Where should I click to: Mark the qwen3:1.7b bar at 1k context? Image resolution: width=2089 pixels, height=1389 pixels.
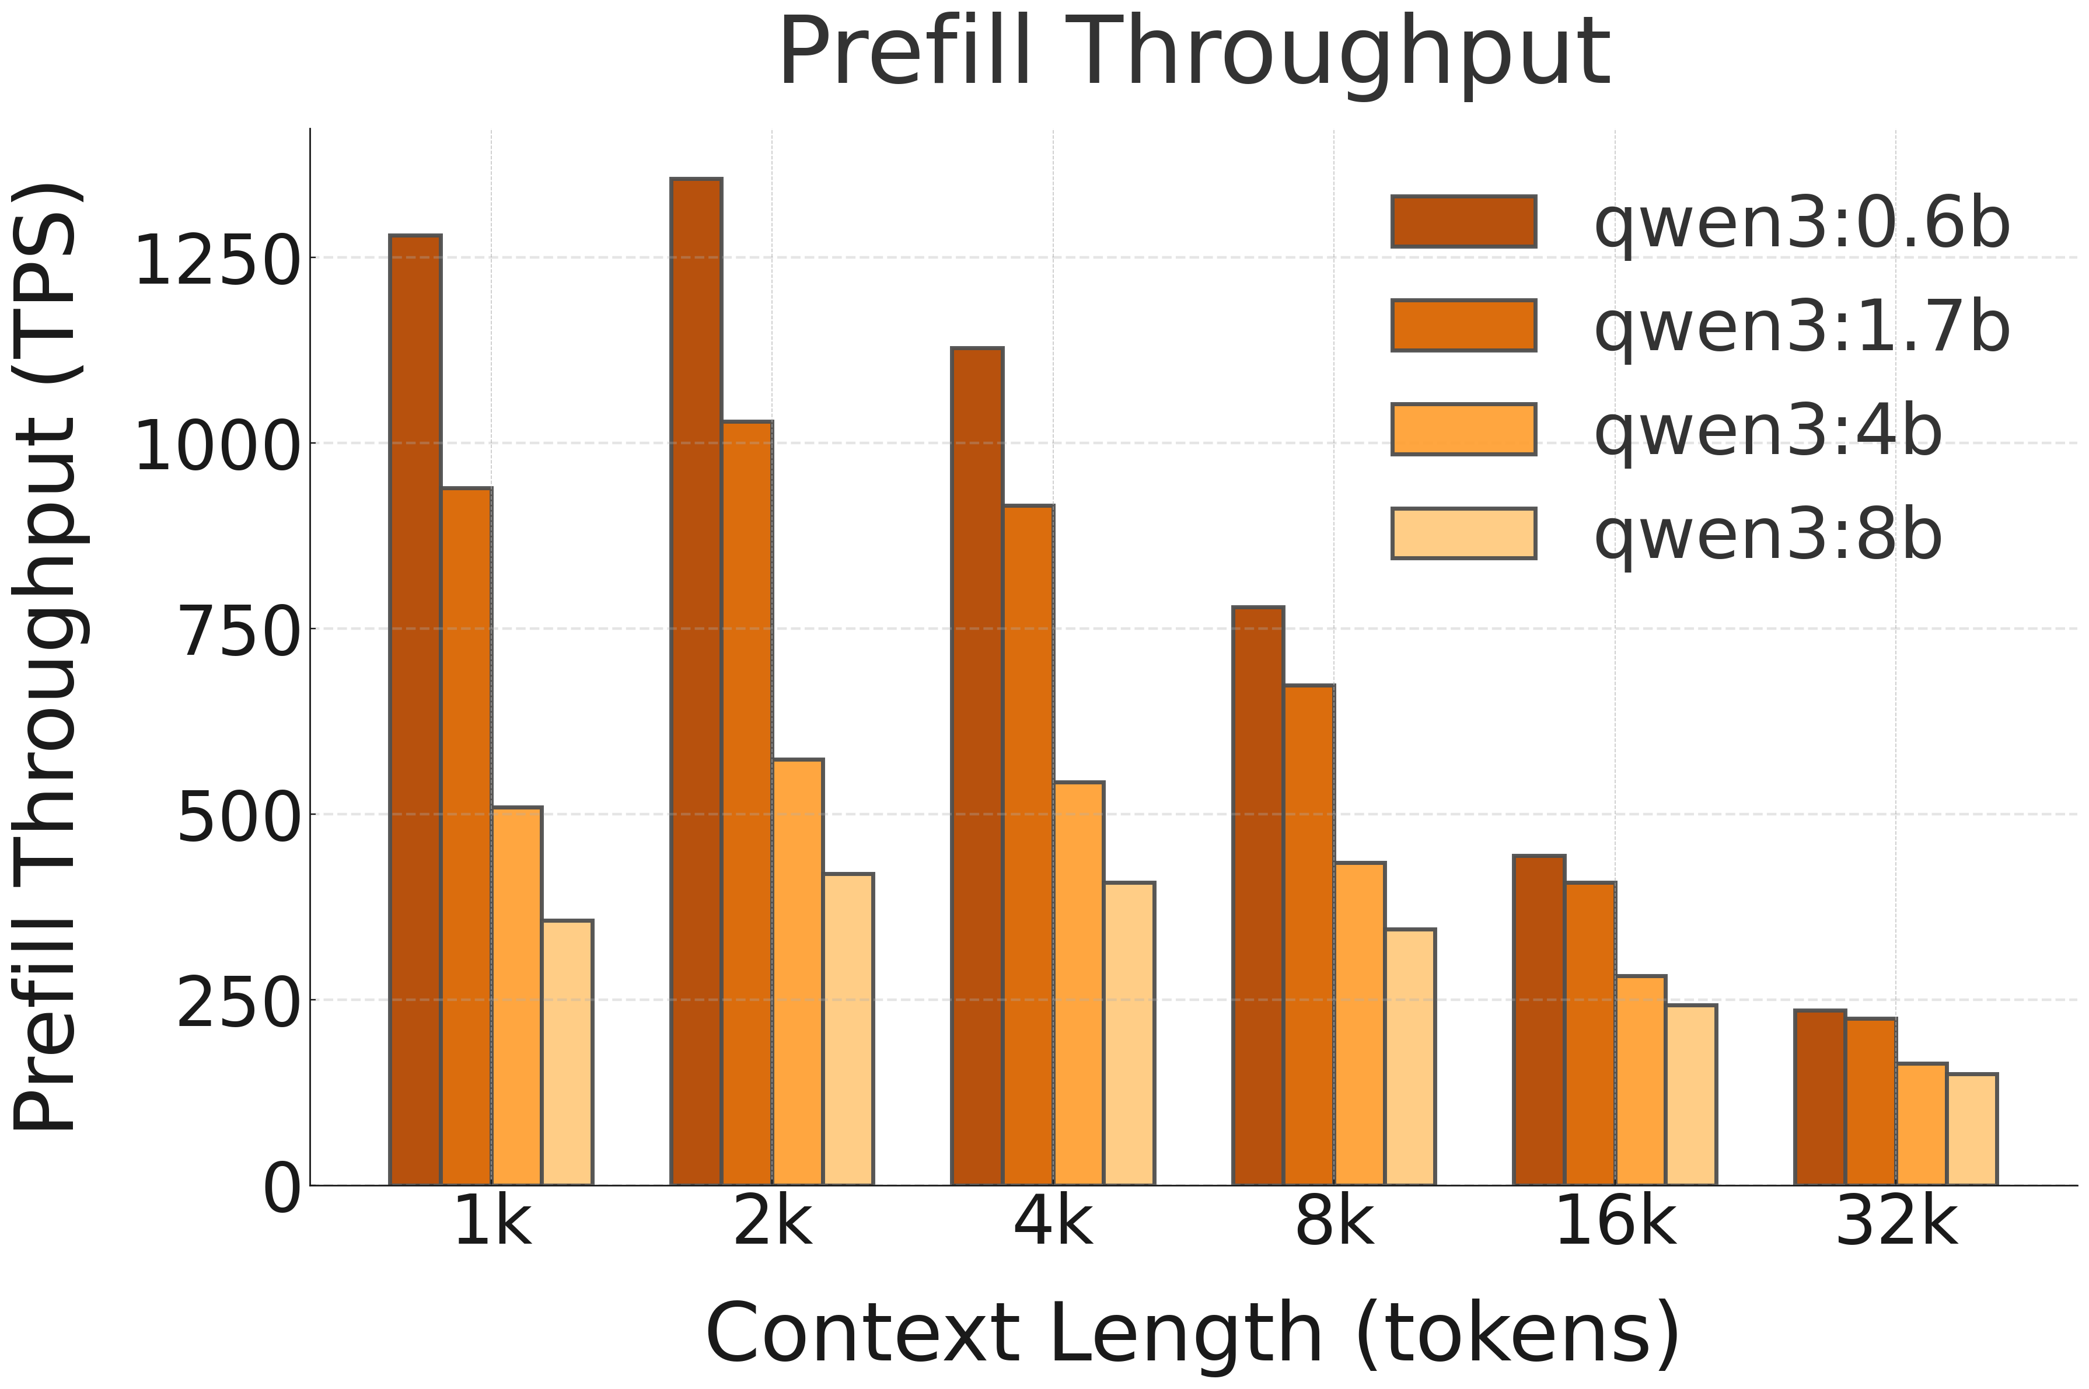467,836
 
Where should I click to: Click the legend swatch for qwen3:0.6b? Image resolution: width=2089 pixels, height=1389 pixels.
1463,221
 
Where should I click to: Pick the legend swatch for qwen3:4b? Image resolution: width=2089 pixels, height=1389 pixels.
1463,430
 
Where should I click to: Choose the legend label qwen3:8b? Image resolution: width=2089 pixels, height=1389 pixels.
1767,534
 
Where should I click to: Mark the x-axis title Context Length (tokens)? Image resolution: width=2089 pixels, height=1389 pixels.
1193,1333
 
